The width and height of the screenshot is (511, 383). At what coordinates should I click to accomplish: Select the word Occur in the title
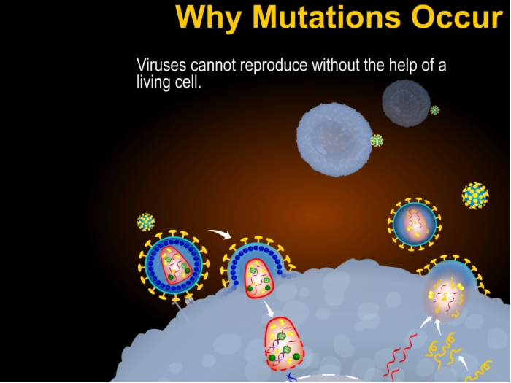(458, 16)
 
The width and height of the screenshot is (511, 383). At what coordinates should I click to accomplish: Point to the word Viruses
(161, 65)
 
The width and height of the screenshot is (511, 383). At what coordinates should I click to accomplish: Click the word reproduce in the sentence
(274, 66)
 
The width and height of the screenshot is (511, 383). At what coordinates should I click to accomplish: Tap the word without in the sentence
(336, 65)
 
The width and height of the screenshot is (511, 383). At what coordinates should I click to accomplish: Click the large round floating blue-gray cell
(334, 140)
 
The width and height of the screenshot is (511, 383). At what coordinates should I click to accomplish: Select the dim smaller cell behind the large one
(407, 103)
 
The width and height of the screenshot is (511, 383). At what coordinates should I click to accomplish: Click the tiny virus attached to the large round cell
(377, 140)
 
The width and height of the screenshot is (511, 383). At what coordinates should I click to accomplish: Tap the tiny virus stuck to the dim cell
(435, 110)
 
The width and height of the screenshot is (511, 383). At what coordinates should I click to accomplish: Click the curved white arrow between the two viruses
(220, 233)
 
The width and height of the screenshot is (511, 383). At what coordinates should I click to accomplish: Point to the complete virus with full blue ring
(174, 265)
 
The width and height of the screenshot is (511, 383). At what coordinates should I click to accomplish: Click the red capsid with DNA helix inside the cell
(284, 344)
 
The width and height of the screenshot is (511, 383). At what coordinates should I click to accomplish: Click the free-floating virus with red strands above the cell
(415, 224)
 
